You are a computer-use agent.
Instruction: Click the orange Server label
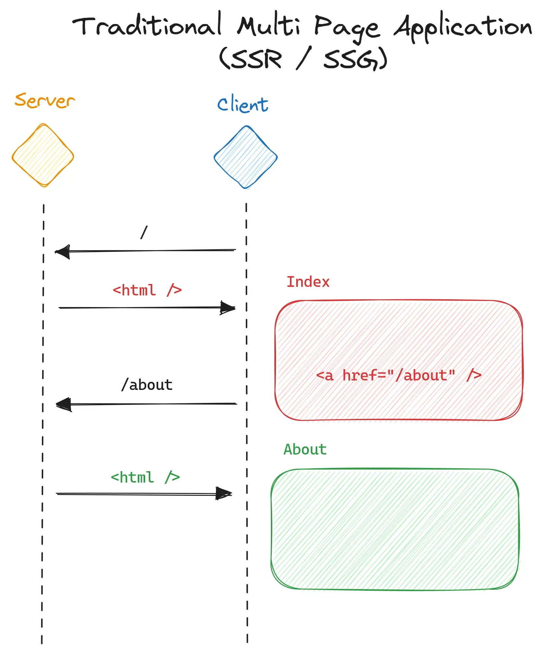[x=45, y=100]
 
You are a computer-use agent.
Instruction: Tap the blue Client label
[x=243, y=104]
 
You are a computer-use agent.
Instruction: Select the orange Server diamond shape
[x=43, y=156]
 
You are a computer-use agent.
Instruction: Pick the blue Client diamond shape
[x=246, y=157]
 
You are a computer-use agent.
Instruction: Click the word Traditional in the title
[x=147, y=26]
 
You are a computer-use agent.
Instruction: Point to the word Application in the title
[x=463, y=28]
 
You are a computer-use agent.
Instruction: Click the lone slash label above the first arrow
[x=144, y=232]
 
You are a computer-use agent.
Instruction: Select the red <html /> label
[x=147, y=290]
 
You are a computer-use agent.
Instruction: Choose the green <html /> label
[x=145, y=477]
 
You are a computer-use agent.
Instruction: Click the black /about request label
[x=147, y=385]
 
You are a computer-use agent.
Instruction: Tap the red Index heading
[x=308, y=282]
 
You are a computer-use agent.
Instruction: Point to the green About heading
[x=305, y=449]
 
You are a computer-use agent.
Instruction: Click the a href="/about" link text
[x=398, y=376]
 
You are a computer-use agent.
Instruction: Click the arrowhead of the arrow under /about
[x=64, y=405]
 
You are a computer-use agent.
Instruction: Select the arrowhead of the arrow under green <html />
[x=224, y=494]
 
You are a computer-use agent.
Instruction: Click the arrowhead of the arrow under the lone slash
[x=63, y=252]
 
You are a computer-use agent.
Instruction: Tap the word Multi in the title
[x=269, y=26]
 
